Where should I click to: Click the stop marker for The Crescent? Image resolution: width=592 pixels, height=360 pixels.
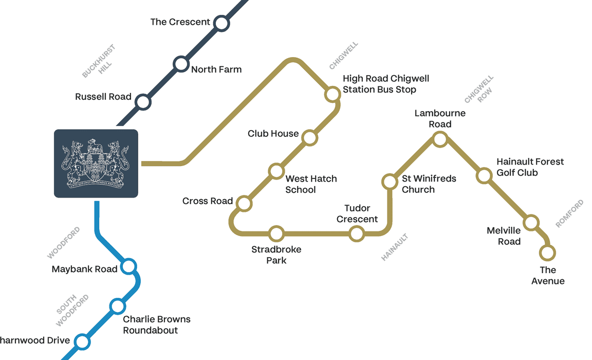pos(221,23)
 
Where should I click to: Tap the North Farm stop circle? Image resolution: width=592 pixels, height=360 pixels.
pos(181,64)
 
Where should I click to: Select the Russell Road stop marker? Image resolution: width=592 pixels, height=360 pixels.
pos(143,102)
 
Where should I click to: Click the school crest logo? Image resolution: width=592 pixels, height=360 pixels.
pos(96,164)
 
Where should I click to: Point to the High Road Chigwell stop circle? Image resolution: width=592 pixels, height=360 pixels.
pos(332,94)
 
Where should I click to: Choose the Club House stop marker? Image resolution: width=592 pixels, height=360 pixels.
pos(309,138)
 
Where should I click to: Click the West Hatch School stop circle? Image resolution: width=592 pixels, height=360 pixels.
pos(276,171)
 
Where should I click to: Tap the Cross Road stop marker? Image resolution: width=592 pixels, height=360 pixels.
pos(244,204)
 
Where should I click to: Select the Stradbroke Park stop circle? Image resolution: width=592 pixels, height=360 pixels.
pos(276,233)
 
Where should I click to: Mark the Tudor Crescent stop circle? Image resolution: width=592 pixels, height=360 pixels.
pos(357,233)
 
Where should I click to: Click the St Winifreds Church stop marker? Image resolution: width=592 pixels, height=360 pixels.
pos(390,182)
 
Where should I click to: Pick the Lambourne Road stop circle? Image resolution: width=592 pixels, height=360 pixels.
pos(440,139)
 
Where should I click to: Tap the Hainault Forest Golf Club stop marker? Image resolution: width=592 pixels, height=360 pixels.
pos(484,176)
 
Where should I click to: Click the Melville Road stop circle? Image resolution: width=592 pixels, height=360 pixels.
pos(531,223)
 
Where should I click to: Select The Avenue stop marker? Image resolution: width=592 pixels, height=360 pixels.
pos(547,253)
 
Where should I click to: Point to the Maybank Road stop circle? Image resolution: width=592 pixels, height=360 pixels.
pos(128,266)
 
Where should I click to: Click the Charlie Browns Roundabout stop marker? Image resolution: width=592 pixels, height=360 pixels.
pos(118,307)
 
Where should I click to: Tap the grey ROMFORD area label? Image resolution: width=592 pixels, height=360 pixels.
pos(569,214)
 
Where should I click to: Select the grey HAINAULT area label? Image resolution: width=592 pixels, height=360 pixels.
pos(394,247)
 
